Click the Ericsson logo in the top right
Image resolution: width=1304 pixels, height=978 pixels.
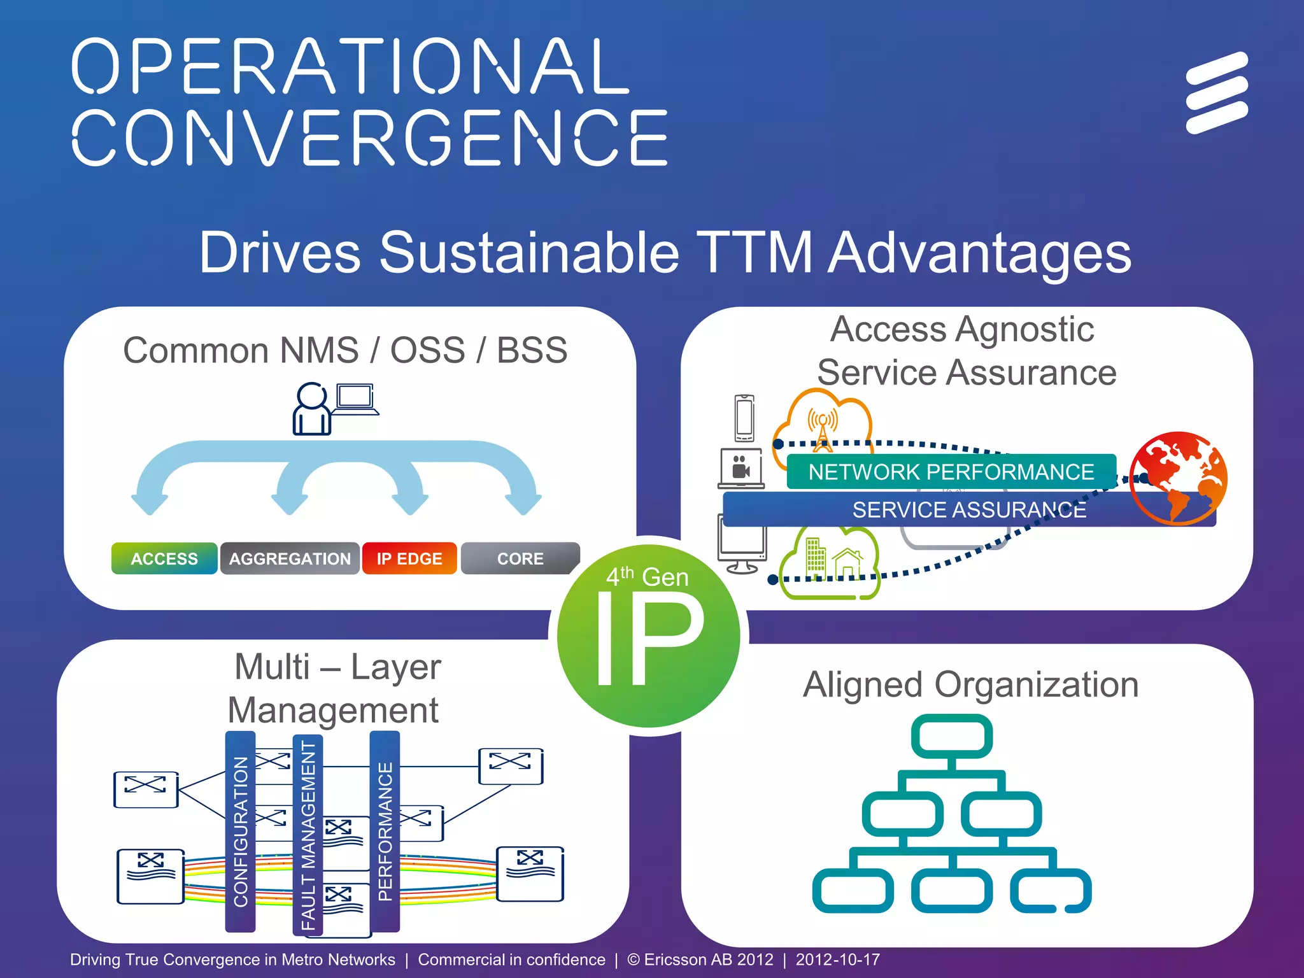coord(1217,93)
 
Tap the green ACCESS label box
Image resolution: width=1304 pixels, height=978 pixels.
coord(164,558)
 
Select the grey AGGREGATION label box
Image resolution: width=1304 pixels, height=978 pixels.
coord(290,558)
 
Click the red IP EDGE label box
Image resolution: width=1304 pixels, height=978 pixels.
coord(409,558)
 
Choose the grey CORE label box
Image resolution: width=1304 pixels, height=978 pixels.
coord(520,558)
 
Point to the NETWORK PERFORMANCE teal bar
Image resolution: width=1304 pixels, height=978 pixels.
coord(951,472)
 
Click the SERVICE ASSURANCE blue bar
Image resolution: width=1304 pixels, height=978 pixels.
coord(968,510)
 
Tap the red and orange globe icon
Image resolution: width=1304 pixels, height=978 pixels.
coord(1178,478)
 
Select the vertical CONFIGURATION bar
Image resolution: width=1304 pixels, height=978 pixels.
coord(241,832)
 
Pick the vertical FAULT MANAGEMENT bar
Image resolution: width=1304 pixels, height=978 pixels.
coord(308,835)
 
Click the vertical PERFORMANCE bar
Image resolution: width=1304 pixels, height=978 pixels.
coord(385,832)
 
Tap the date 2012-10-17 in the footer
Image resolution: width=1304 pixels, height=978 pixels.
coord(837,960)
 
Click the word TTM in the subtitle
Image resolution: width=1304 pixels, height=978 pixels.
coord(754,253)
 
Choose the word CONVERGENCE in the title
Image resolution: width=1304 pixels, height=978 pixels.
coord(369,137)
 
